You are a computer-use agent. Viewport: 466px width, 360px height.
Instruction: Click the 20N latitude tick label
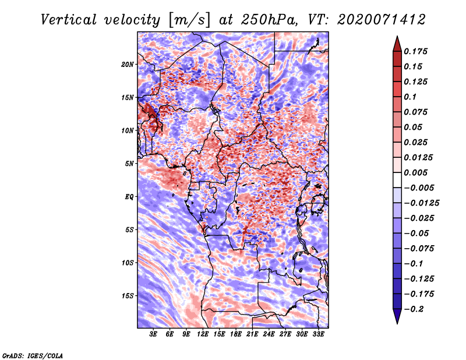coord(128,64)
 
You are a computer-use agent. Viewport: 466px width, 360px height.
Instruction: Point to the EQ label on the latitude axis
coord(129,196)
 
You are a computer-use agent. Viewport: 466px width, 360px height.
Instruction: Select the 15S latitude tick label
coord(128,296)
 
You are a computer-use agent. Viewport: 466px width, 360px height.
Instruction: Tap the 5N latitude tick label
coord(129,164)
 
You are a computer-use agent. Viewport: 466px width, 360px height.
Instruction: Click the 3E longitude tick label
coord(153,334)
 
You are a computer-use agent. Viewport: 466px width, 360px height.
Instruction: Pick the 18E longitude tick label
coord(236,334)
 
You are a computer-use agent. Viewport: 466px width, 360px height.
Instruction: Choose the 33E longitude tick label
coord(318,334)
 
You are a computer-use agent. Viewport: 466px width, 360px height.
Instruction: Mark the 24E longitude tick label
coord(269,334)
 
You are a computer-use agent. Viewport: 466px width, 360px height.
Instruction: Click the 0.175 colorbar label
coord(415,51)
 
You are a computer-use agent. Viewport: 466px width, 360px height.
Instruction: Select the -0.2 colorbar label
coord(414,309)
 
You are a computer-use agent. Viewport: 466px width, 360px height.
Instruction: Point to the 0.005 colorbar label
coord(415,172)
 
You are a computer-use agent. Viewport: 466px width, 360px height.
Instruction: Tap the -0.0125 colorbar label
coord(421,203)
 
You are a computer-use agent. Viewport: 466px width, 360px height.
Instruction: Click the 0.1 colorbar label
coord(410,97)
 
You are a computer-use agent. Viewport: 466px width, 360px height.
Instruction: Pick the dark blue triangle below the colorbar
coord(397,316)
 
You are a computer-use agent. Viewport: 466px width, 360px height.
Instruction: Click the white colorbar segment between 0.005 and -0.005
coord(397,180)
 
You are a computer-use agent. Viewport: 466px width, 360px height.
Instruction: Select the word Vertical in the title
coord(69,20)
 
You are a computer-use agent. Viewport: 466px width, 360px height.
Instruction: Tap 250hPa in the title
coord(269,20)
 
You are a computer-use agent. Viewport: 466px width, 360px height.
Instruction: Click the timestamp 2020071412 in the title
coord(382,20)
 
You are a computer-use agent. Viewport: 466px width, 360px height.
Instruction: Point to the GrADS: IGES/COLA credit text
coord(33,355)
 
